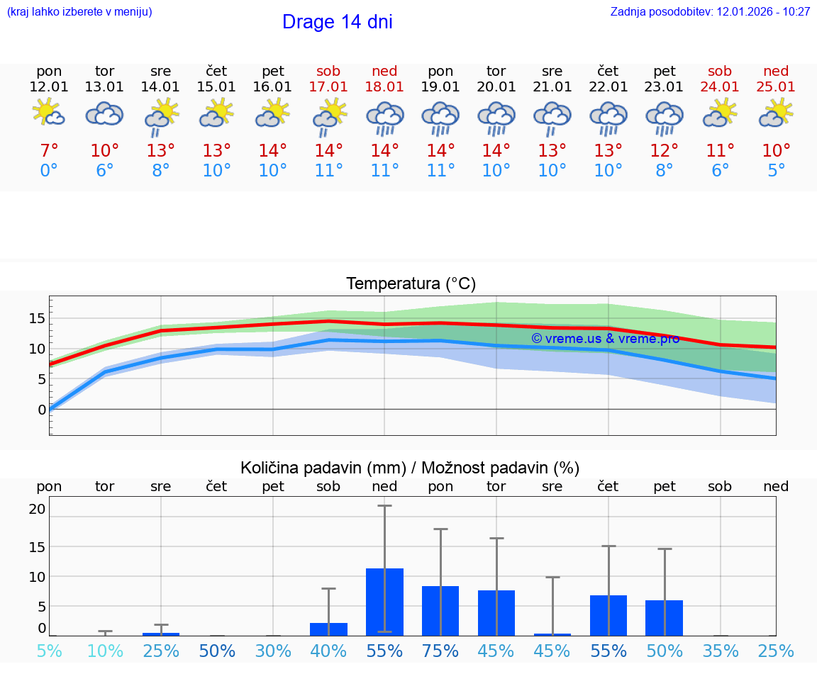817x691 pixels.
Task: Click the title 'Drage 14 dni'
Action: click(337, 22)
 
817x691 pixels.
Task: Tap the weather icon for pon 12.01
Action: click(49, 113)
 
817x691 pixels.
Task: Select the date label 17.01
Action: click(328, 87)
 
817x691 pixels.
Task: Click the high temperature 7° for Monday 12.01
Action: click(49, 151)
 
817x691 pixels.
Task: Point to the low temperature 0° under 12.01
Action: click(49, 171)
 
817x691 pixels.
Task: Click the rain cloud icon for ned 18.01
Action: click(384, 118)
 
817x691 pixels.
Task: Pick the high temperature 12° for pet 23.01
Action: click(664, 151)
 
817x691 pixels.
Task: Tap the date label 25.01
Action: click(776, 87)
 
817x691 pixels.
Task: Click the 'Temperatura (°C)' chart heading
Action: click(411, 284)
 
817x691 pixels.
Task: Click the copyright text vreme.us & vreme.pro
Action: click(605, 339)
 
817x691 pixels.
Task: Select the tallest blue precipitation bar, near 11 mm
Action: click(384, 602)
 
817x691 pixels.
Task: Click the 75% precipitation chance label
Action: click(440, 651)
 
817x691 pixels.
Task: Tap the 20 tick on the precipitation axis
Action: click(37, 509)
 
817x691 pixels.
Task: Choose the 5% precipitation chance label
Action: click(49, 651)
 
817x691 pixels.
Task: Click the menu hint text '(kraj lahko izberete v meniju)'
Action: click(79, 12)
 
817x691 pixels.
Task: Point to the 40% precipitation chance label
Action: click(328, 651)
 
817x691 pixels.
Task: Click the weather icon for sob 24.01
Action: click(720, 113)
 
